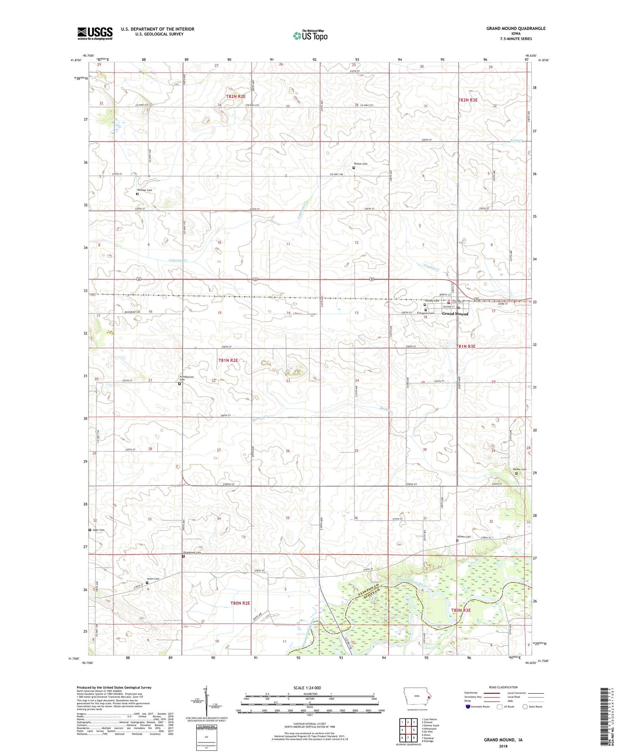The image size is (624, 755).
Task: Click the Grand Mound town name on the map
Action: (x=455, y=314)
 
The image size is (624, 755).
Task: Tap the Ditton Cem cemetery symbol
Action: (x=354, y=168)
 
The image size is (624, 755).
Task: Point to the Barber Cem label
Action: (x=519, y=469)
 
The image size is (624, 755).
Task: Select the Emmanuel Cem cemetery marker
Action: (x=183, y=556)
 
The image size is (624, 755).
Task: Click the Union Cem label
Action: (x=153, y=578)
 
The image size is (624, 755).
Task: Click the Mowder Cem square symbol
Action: (x=137, y=194)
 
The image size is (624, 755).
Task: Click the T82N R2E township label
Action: (x=236, y=96)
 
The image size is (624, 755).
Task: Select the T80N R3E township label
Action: (x=461, y=610)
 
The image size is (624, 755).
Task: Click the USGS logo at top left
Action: (x=95, y=33)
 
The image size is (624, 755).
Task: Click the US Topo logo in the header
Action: (x=310, y=36)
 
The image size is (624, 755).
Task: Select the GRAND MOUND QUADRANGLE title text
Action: (x=516, y=29)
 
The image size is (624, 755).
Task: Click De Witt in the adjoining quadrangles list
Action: (x=429, y=731)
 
